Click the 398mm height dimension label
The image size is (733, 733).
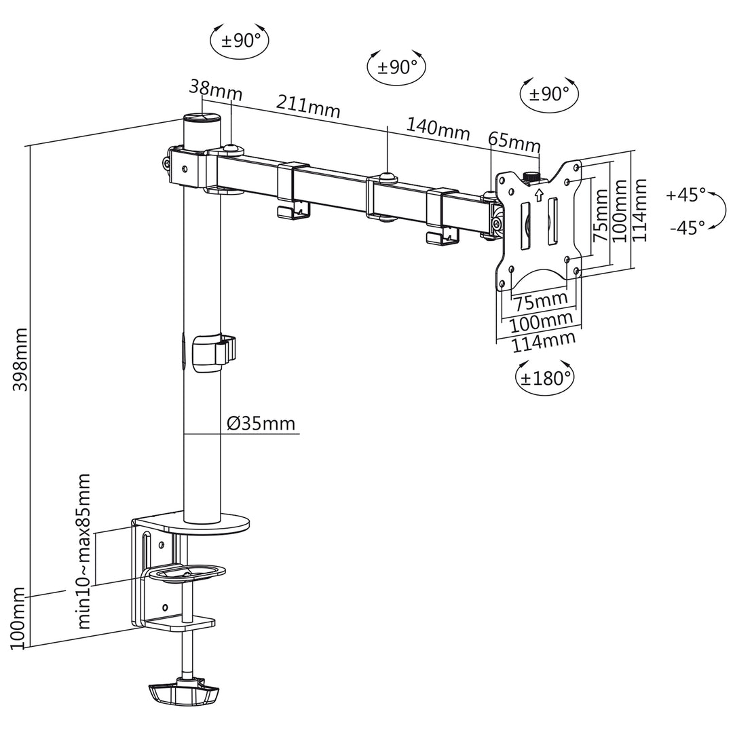(20, 359)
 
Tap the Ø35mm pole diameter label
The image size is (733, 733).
(261, 424)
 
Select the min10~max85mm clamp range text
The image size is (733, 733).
(84, 552)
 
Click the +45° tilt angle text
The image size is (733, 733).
(685, 195)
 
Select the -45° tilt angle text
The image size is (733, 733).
(687, 228)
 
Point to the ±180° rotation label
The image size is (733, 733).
(546, 378)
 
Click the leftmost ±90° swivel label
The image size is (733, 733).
(240, 40)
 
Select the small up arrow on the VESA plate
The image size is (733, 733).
(540, 195)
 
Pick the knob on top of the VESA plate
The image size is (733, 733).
(531, 177)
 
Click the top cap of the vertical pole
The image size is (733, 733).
(203, 119)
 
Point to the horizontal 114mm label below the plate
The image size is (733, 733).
(543, 342)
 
